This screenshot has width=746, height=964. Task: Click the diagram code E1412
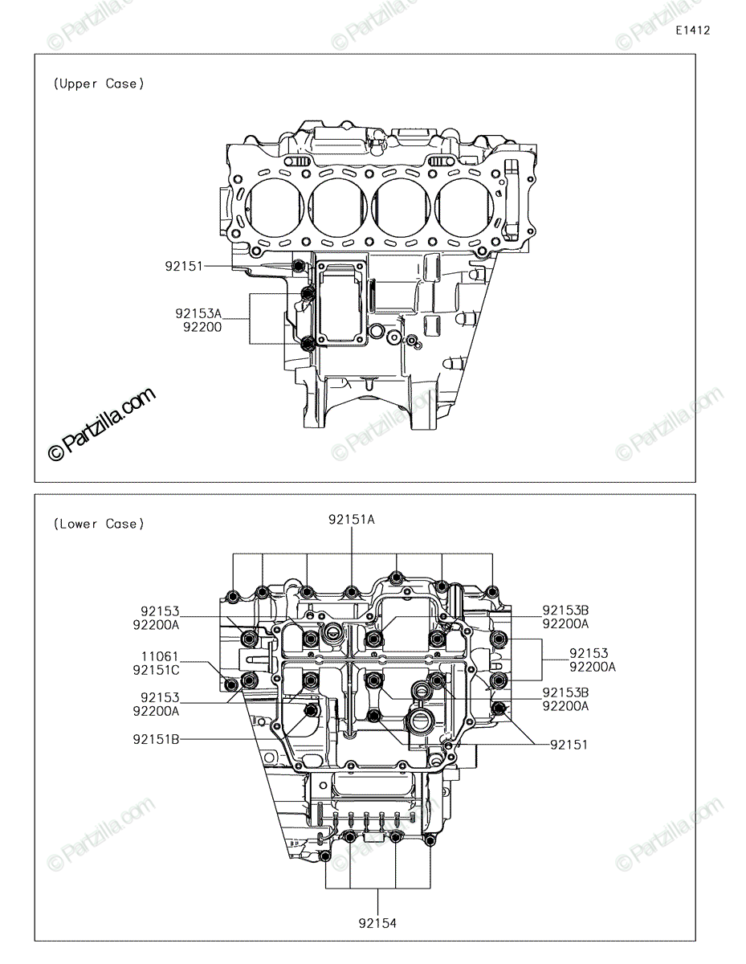(x=692, y=31)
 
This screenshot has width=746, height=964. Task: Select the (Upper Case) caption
(x=99, y=84)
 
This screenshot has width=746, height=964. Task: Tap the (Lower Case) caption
(x=99, y=524)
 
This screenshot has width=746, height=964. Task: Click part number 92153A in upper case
(x=198, y=313)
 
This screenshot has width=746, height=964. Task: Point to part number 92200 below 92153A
(x=202, y=328)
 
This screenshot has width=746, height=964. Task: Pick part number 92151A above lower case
(x=352, y=519)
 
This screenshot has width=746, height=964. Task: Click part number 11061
(x=160, y=656)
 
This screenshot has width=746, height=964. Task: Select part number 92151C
(x=156, y=670)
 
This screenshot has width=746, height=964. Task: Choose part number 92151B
(x=156, y=739)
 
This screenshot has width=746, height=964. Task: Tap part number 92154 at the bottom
(x=377, y=923)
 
